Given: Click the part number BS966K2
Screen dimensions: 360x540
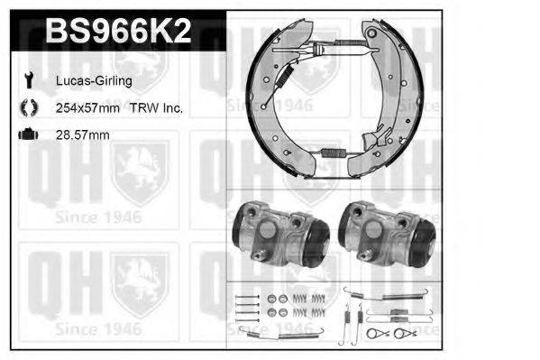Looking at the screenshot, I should point(118,32).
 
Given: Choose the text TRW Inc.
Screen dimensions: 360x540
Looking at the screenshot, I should point(161,108).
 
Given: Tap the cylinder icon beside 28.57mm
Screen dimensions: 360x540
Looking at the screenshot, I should point(27,135).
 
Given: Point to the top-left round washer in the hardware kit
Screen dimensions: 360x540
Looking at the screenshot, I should point(271,299).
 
